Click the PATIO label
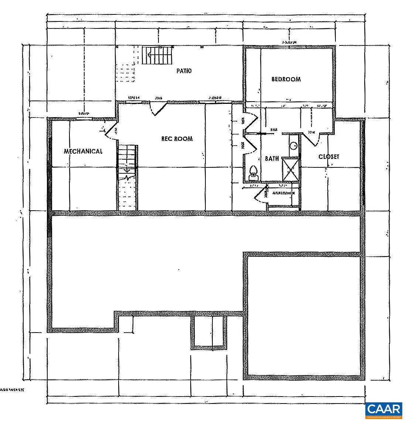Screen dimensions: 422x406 click(184, 71)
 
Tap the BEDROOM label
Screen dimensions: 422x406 click(286, 79)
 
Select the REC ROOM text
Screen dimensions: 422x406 click(177, 139)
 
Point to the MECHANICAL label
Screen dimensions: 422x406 click(83, 151)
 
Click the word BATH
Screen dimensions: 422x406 click(272, 159)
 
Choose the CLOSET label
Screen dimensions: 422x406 click(329, 157)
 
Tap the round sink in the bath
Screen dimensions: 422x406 click(294, 146)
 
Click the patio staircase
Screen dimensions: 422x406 click(158, 55)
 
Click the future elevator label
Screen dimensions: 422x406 click(284, 193)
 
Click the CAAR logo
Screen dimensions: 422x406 click(384, 410)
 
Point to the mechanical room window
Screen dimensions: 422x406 click(85, 119)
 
